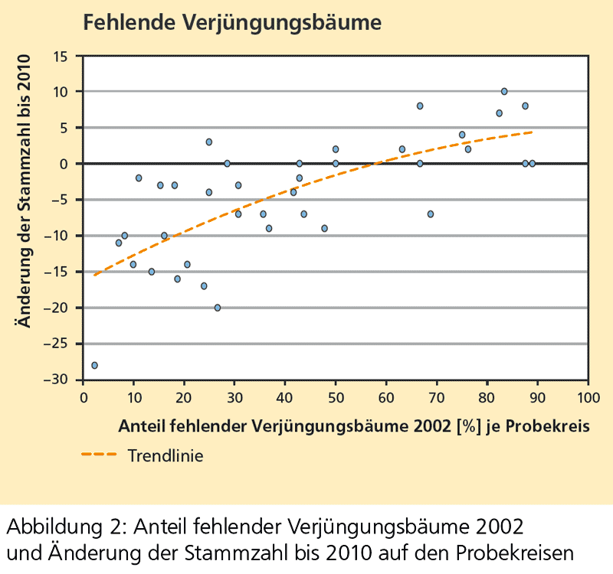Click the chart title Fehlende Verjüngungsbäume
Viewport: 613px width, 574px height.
click(x=231, y=22)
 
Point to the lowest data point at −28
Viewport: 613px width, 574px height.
click(x=94, y=365)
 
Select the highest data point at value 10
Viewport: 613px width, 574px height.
click(x=504, y=91)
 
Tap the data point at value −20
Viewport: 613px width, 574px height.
click(x=218, y=308)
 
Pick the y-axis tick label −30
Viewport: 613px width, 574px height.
click(x=57, y=380)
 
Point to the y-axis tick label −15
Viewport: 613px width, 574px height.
click(x=57, y=272)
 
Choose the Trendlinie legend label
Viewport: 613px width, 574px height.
click(x=166, y=455)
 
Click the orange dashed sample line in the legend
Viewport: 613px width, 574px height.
click(x=100, y=455)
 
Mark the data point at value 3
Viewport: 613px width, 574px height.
click(x=208, y=142)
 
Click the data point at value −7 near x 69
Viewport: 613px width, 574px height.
click(x=431, y=214)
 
